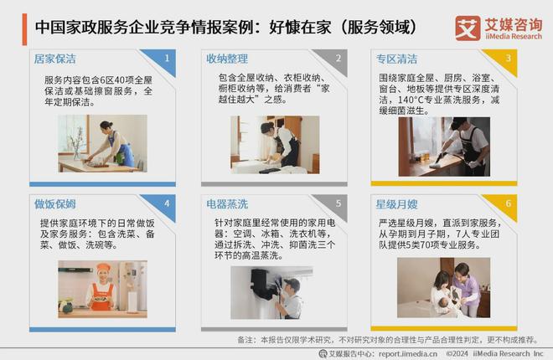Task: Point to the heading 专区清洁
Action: (x=396, y=59)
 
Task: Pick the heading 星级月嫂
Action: (x=396, y=203)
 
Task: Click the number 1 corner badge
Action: (x=168, y=58)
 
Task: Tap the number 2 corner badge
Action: (x=339, y=58)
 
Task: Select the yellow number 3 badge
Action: (x=509, y=58)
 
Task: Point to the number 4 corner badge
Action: (x=168, y=203)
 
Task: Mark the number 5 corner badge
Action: (x=339, y=203)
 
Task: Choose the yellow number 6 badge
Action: (x=509, y=203)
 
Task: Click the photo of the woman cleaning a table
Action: (x=102, y=143)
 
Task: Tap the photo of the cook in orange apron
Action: (x=102, y=288)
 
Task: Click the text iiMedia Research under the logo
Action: (x=512, y=35)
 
